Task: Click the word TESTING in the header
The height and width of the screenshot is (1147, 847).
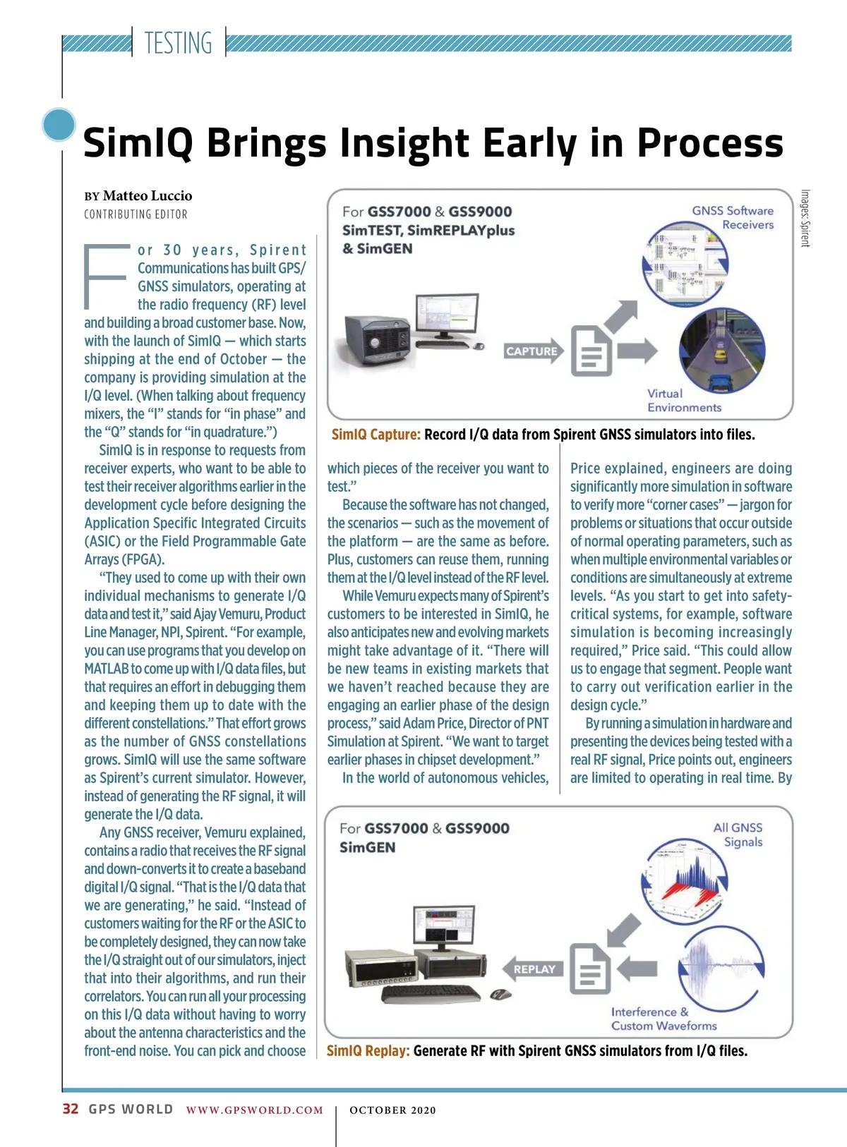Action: (178, 43)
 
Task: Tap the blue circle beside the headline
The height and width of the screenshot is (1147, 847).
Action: (59, 125)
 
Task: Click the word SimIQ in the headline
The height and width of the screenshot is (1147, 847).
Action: (138, 143)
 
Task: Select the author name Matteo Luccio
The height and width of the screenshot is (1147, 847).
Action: (148, 195)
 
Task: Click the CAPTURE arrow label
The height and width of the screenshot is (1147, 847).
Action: (531, 351)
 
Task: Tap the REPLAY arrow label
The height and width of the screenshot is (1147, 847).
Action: (534, 969)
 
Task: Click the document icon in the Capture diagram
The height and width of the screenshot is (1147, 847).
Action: (591, 350)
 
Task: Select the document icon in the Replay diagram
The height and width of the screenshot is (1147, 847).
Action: (589, 969)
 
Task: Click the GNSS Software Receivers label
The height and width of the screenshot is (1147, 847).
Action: (733, 217)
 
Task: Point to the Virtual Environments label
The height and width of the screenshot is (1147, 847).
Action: (684, 400)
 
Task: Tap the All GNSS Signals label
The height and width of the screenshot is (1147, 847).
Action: (738, 835)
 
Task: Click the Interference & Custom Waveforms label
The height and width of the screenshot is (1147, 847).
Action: (663, 1019)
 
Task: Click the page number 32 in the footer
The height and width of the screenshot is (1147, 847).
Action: (71, 1109)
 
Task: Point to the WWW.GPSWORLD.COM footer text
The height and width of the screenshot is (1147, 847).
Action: (254, 1110)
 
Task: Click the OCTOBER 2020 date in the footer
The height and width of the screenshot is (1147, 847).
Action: (392, 1110)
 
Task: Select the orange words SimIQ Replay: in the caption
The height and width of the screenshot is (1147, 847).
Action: (368, 1050)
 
